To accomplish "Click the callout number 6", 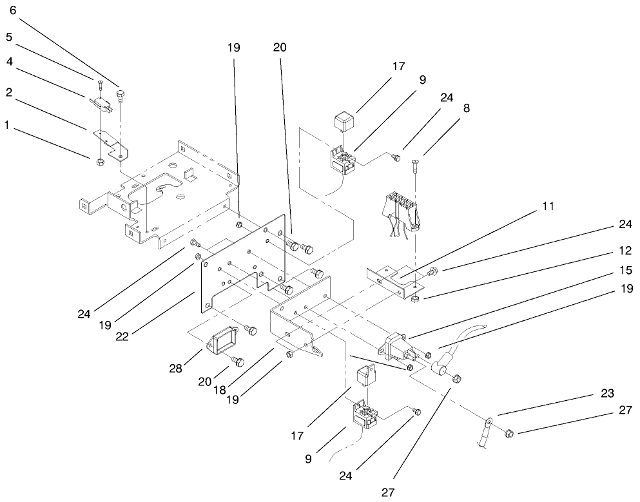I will (x=12, y=10).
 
